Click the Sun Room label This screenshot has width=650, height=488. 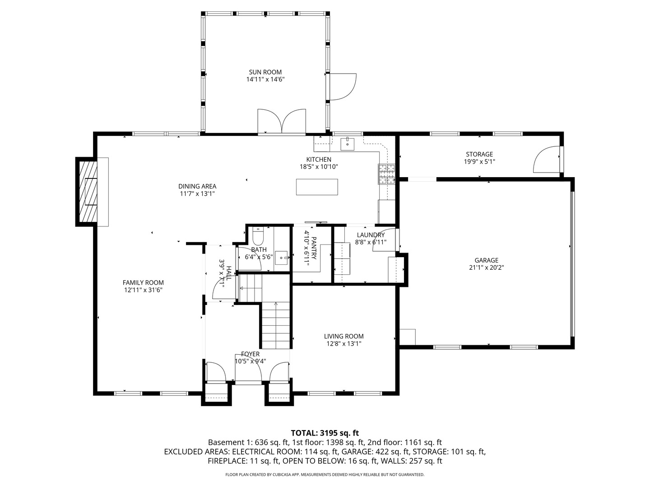(x=265, y=72)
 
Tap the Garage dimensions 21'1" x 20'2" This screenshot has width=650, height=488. (x=486, y=267)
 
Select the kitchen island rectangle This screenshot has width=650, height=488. (x=316, y=187)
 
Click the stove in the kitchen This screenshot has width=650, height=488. (x=386, y=174)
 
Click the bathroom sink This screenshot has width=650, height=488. (x=282, y=258)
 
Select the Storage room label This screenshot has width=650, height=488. (x=479, y=154)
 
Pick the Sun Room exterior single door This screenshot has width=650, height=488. (x=343, y=86)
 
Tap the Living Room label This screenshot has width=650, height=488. (x=344, y=336)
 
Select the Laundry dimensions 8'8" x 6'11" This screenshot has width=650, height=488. (x=371, y=242)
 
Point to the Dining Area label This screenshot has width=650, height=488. (x=197, y=186)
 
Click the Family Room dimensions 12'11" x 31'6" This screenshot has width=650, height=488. (x=143, y=290)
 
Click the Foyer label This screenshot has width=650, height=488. (x=250, y=354)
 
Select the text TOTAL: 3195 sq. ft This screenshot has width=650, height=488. (x=325, y=433)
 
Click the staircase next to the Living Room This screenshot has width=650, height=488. (x=275, y=325)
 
